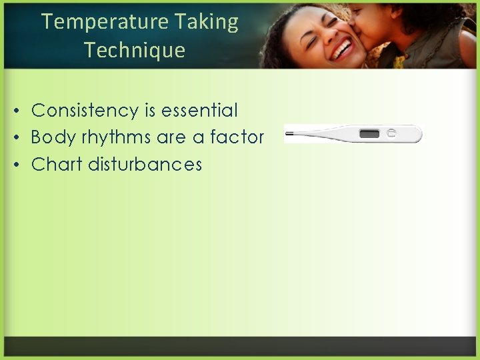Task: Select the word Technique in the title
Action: tap(135, 50)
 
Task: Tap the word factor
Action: tap(237, 137)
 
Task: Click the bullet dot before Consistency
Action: tap(21, 111)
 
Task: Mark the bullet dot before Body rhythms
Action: tap(21, 138)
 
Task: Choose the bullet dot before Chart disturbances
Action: tap(21, 165)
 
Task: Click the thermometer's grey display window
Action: tap(369, 134)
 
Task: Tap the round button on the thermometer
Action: tap(392, 133)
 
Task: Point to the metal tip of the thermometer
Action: tap(289, 134)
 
